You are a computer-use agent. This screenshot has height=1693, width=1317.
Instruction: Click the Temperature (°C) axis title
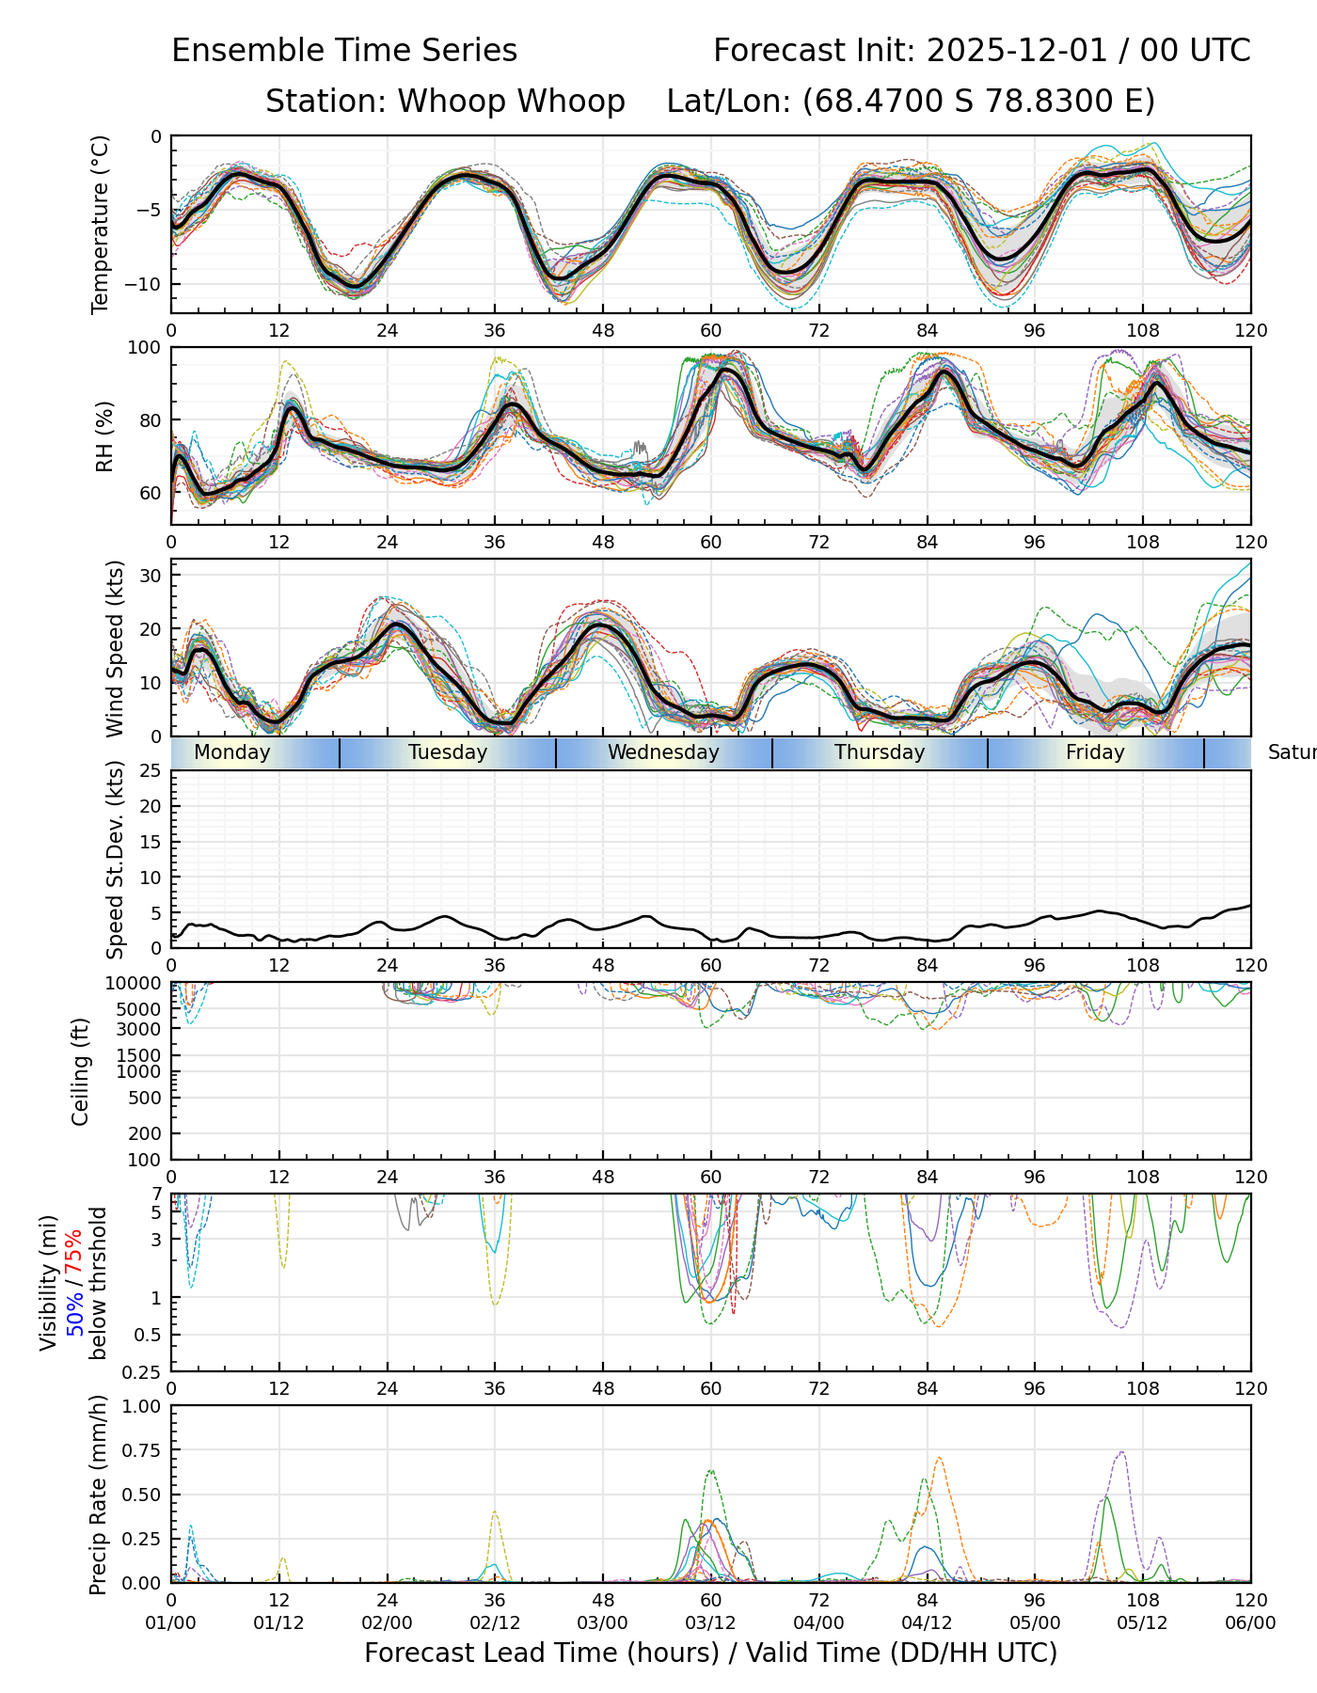point(101,224)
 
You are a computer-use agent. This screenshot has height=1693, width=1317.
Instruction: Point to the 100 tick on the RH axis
point(145,348)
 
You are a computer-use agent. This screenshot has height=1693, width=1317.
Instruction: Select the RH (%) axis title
point(104,435)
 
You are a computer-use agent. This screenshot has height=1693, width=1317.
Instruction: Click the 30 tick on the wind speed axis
point(151,575)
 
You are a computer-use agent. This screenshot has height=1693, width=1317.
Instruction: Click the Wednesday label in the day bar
point(663,752)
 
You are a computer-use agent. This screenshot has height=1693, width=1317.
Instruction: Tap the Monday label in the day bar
point(231,752)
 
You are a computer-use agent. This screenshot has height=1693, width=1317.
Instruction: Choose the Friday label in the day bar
point(1095,752)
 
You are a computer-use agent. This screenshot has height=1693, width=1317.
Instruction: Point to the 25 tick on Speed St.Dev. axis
point(151,771)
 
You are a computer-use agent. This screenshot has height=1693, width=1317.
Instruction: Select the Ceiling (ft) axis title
point(81,1071)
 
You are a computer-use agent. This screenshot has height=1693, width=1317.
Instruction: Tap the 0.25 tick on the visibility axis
point(145,1371)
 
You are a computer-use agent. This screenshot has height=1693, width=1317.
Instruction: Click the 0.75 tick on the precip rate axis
point(139,1450)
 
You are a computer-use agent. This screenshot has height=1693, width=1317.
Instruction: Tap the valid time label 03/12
point(710,1622)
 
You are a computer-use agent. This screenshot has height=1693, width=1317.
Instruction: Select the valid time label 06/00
point(1250,1622)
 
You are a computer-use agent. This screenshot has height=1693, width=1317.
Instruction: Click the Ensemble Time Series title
point(344,51)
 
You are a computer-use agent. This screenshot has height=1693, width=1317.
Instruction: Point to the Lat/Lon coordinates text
point(911,102)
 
